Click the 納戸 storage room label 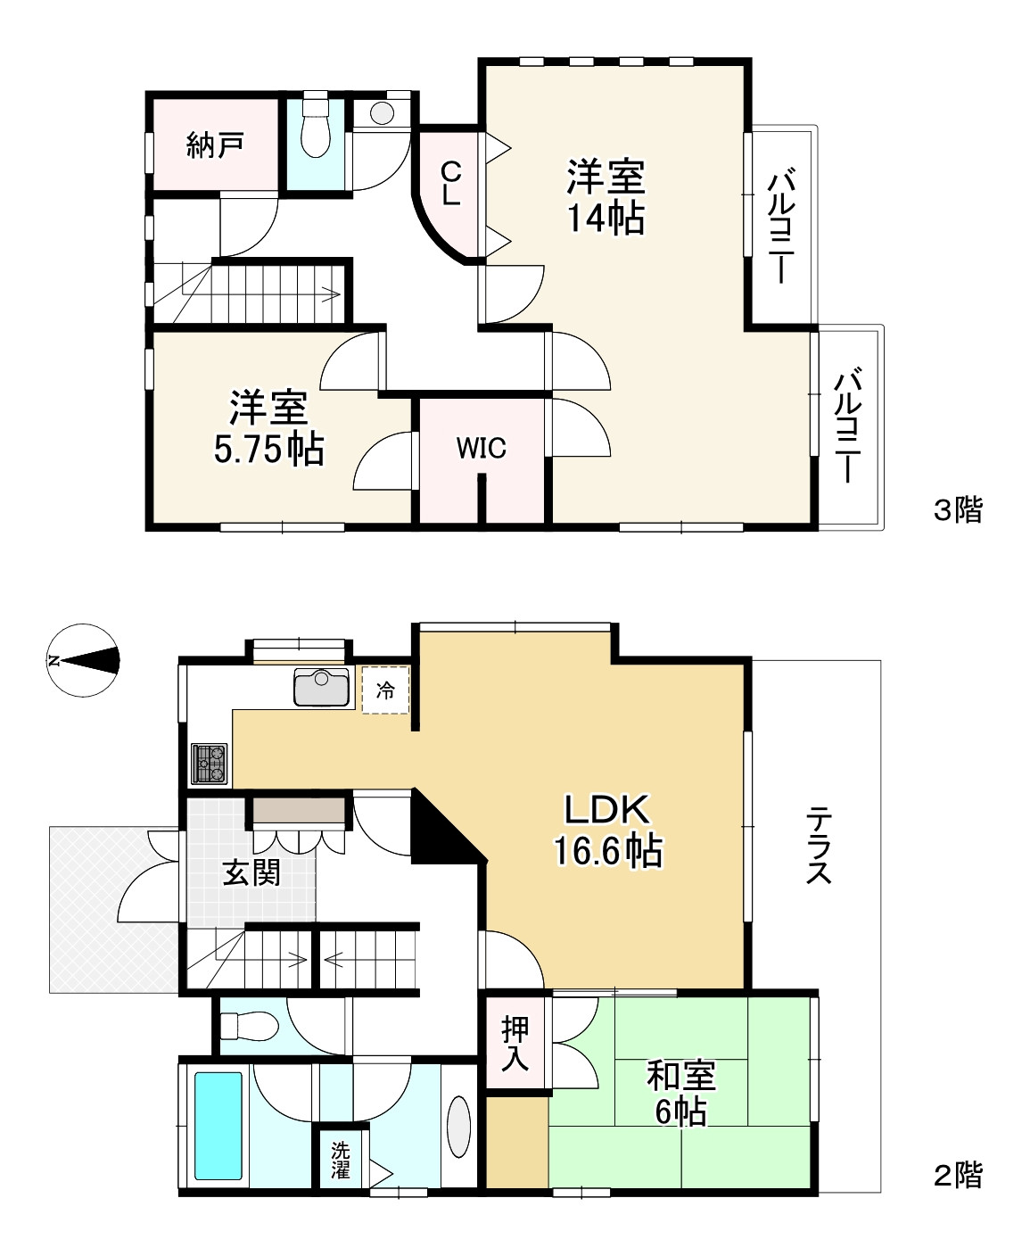[215, 145]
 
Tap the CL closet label [450, 184]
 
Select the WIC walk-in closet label [481, 449]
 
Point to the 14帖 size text [606, 218]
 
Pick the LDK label [606, 810]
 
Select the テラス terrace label [818, 844]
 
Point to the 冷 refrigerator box [386, 690]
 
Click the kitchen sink [322, 687]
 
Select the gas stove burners [209, 764]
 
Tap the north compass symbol [83, 660]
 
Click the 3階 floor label [958, 509]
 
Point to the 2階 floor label [958, 1176]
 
